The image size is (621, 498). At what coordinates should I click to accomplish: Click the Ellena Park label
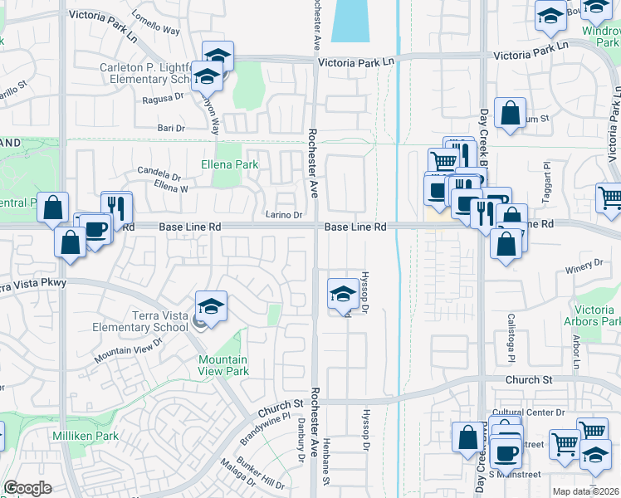pyautogui.click(x=229, y=165)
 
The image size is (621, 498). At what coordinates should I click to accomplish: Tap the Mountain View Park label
pyautogui.click(x=222, y=365)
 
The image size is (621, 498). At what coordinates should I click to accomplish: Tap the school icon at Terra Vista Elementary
pyautogui.click(x=211, y=307)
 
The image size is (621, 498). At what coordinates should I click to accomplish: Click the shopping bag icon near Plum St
pyautogui.click(x=510, y=114)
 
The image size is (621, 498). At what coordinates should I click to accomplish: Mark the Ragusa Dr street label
pyautogui.click(x=162, y=97)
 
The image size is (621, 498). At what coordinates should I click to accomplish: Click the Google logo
pyautogui.click(x=27, y=488)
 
